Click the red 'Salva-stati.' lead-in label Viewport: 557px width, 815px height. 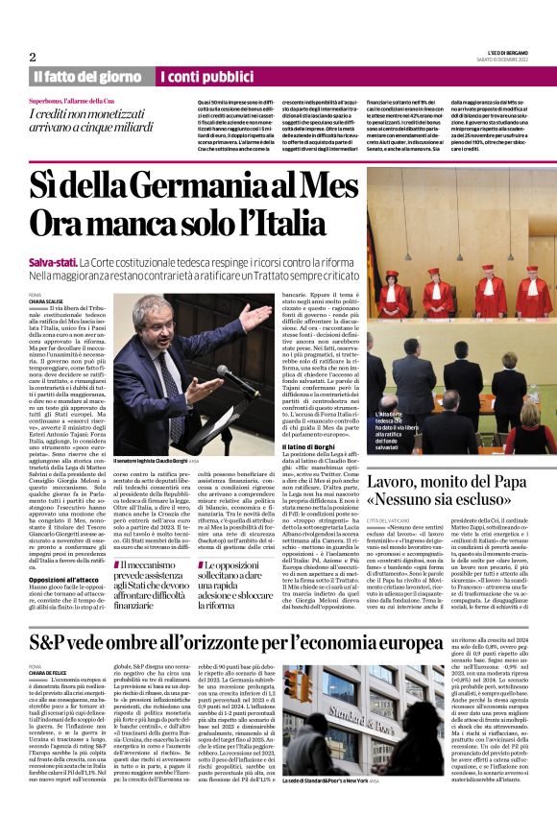pos(53,261)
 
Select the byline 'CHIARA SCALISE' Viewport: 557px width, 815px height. pos(47,300)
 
